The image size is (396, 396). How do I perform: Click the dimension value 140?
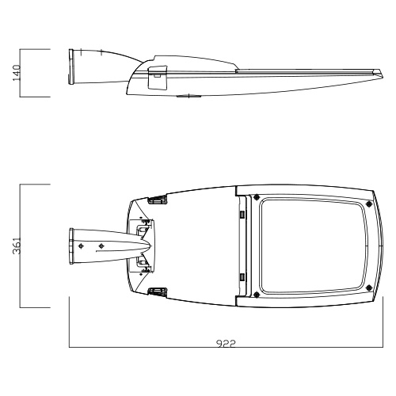(x=17, y=73)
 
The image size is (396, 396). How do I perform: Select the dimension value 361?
(x=17, y=246)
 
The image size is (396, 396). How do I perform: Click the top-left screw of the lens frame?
(x=256, y=196)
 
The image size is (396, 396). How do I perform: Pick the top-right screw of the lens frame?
(x=369, y=204)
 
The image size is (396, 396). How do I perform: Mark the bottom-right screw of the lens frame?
(x=369, y=287)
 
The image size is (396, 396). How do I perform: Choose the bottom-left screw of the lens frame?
(x=256, y=295)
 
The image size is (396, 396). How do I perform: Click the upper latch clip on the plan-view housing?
(x=158, y=200)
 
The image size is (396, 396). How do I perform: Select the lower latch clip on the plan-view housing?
(x=158, y=291)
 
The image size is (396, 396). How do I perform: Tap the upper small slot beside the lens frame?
(x=242, y=214)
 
